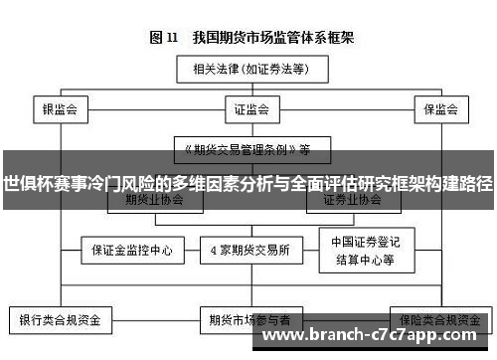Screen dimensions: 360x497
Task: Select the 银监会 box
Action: coord(60,108)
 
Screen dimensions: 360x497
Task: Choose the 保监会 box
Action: coord(438,108)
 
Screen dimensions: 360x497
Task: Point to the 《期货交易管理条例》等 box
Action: coord(244,149)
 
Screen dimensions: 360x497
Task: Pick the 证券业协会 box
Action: coord(352,199)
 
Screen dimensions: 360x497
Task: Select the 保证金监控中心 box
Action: coord(133,249)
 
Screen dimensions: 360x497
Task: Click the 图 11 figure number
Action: coord(162,38)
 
